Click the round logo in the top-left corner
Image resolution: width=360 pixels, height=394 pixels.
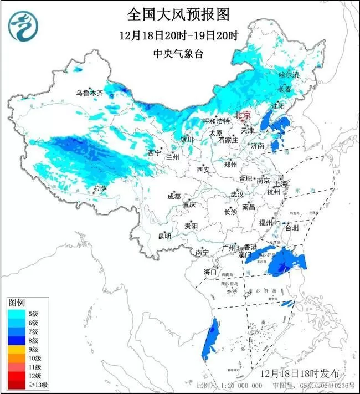(x=22, y=25)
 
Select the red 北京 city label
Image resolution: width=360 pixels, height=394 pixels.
(x=243, y=115)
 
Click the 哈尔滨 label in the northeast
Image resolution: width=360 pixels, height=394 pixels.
(x=288, y=74)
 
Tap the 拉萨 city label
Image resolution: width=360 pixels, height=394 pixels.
(x=100, y=189)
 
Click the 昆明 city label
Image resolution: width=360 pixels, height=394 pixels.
(x=164, y=236)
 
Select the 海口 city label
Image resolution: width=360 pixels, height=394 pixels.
(x=210, y=272)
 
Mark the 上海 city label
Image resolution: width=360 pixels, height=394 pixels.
(x=281, y=183)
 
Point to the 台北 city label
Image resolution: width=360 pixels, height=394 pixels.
(x=291, y=227)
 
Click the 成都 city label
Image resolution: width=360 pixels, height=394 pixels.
(x=173, y=196)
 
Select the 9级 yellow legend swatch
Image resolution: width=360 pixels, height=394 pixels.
(x=17, y=349)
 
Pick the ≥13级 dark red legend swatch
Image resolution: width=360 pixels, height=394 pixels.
(x=17, y=385)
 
